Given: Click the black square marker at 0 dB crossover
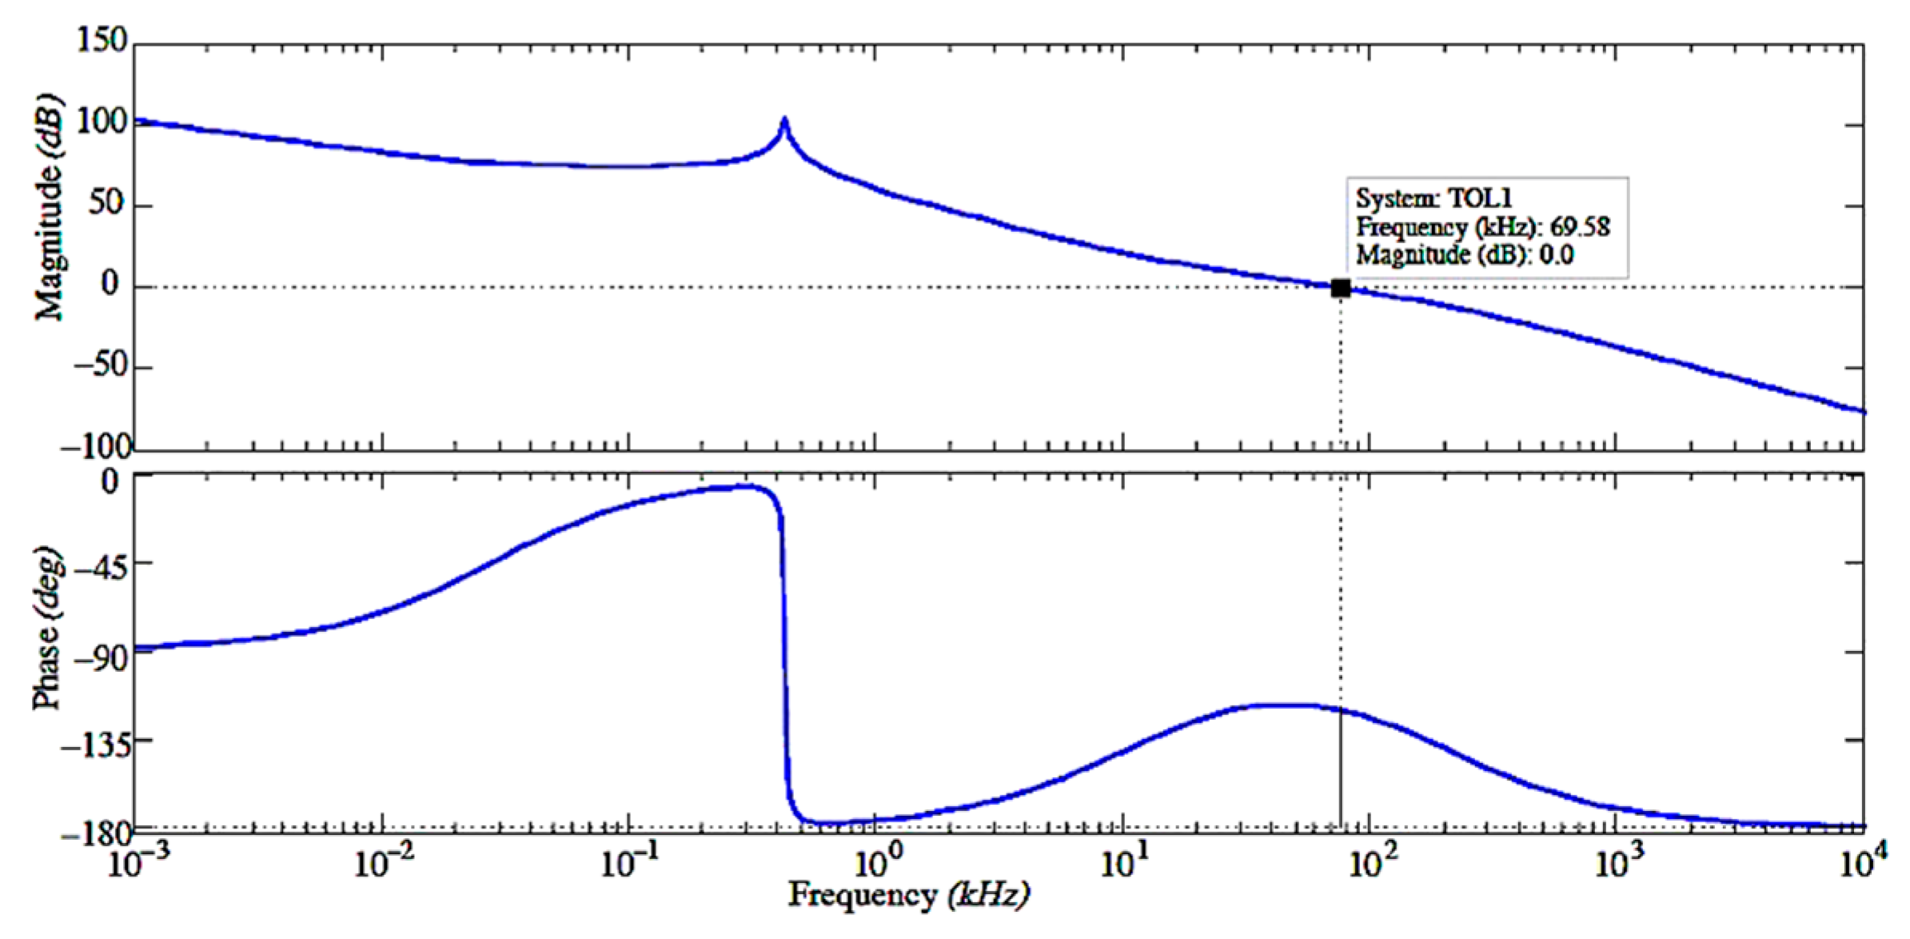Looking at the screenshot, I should (1341, 289).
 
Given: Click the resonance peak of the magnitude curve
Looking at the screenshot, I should (784, 122).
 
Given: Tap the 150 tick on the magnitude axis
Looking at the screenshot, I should (102, 40).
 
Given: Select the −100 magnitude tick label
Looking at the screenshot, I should (95, 448).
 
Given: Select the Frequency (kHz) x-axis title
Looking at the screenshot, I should (908, 896).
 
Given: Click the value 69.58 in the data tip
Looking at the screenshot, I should (1580, 227).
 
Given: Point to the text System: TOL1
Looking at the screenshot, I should (1434, 198).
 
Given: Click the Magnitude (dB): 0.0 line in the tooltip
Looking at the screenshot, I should (1465, 255).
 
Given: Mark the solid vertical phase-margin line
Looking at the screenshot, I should (1341, 768).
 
